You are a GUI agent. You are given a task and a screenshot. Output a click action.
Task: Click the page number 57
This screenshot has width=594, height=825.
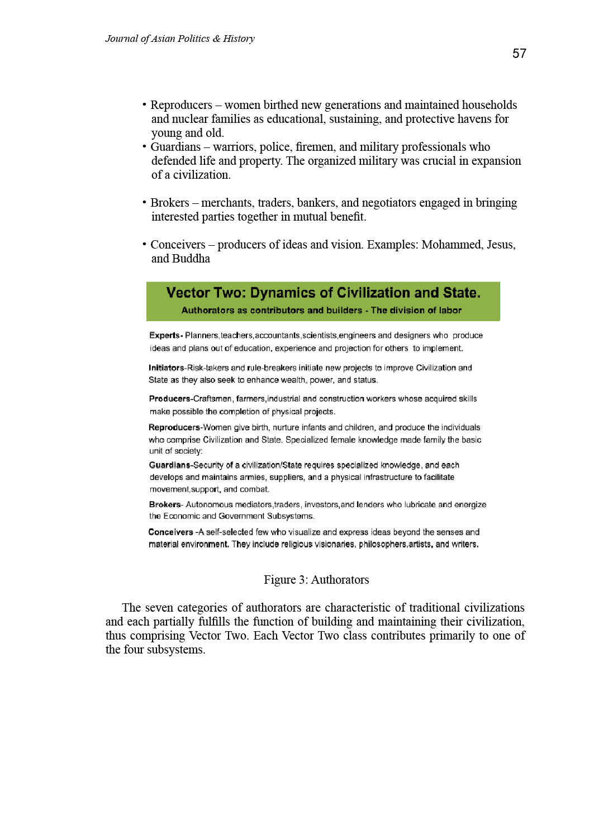[519, 54]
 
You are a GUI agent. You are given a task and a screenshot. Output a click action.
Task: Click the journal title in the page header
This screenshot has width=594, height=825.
[180, 39]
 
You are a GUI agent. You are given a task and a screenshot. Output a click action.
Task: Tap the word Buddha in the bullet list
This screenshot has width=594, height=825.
[191, 259]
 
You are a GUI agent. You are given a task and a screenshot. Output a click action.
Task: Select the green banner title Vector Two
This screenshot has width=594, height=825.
[323, 293]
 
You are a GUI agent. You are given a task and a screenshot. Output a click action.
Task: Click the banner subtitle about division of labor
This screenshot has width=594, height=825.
[321, 311]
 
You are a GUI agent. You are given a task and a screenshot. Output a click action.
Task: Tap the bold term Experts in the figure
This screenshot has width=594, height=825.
[165, 336]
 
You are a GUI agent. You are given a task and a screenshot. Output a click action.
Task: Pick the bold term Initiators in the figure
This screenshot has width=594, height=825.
[166, 368]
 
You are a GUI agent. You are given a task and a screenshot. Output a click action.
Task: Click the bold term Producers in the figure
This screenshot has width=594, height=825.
[169, 399]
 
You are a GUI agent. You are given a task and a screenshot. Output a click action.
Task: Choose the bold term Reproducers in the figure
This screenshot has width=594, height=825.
[174, 428]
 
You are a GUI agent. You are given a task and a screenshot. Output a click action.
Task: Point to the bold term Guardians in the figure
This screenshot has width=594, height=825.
[170, 465]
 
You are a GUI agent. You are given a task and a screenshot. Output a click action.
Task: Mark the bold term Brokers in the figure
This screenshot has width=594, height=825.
[165, 504]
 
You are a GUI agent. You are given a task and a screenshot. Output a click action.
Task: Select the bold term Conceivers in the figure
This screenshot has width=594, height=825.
[170, 532]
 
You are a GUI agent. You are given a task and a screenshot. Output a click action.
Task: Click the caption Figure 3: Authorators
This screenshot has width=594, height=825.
[316, 580]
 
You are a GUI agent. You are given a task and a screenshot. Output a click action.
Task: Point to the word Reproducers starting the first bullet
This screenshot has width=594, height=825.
[181, 105]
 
